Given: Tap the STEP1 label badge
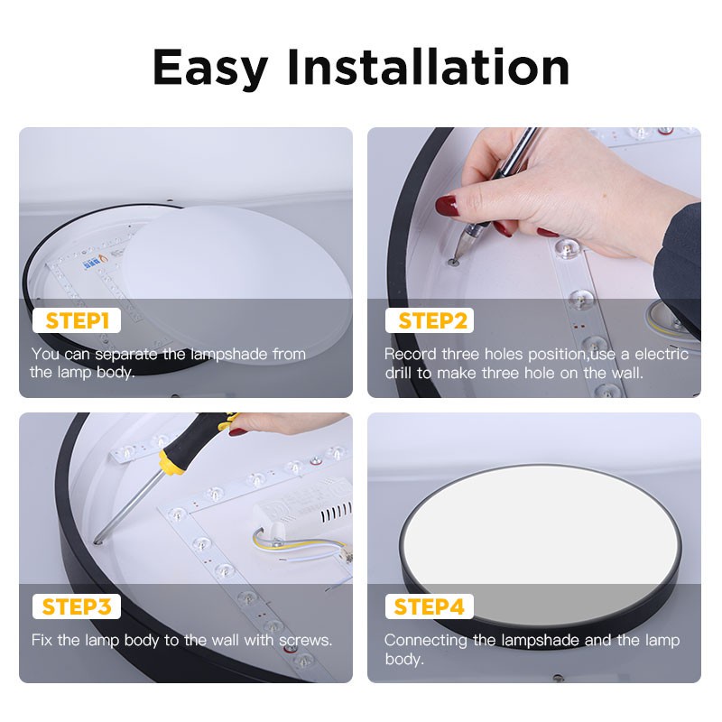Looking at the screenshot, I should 77,320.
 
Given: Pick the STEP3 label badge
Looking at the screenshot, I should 77,606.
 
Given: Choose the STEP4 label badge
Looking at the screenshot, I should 430,606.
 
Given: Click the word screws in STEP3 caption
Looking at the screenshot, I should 302,640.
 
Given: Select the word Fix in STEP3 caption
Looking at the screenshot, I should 42,640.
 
